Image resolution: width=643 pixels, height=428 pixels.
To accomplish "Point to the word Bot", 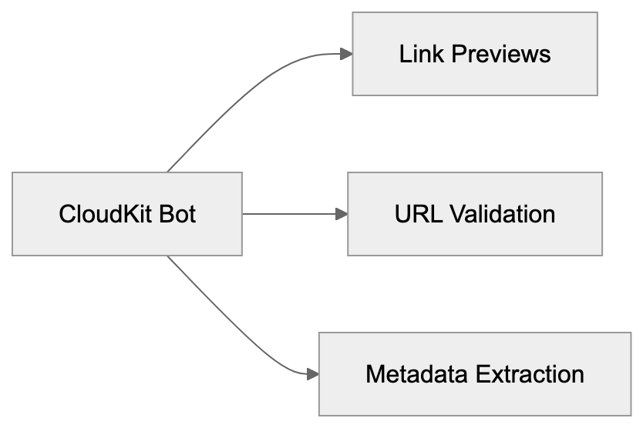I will click(x=177, y=214).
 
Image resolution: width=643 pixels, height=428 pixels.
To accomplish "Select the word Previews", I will click(x=500, y=54).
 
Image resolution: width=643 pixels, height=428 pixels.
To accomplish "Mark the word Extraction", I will click(x=530, y=374).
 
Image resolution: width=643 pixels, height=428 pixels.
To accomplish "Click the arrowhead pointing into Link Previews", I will click(x=346, y=54).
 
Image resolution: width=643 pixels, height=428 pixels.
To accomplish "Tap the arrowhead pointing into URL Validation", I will click(x=342, y=214).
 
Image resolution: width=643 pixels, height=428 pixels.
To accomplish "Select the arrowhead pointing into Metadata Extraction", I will click(x=312, y=374).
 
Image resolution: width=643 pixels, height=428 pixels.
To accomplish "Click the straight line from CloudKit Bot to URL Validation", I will click(x=289, y=214).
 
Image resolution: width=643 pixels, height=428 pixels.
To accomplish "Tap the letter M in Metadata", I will click(x=375, y=374).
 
